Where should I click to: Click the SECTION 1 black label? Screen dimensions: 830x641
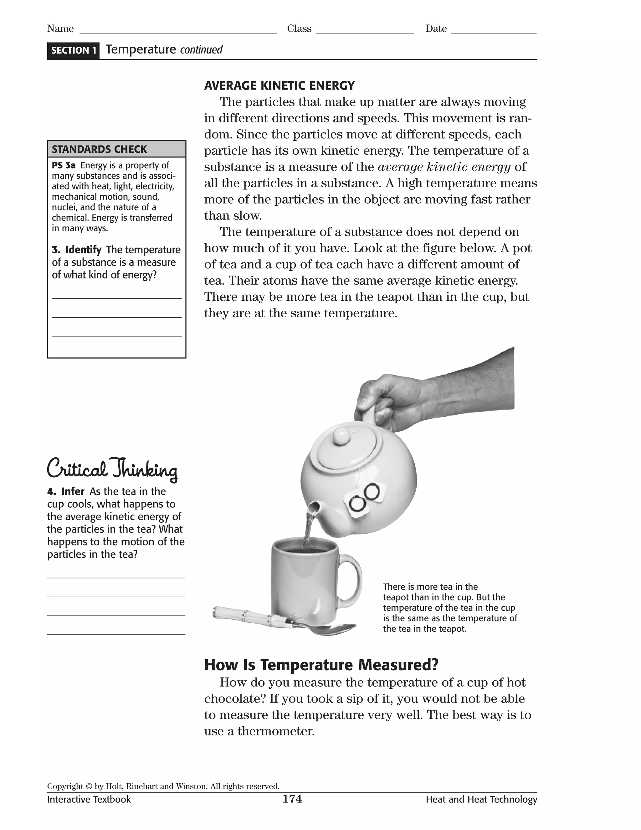coord(73,50)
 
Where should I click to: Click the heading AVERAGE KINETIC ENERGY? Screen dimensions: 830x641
coord(279,86)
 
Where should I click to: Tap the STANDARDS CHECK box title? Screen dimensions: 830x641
coord(99,149)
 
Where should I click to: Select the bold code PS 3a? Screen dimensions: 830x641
coord(64,165)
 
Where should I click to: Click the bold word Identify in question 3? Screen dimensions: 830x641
coord(83,250)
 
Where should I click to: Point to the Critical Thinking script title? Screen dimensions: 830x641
coord(112,469)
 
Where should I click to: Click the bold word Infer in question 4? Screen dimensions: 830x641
coord(73,491)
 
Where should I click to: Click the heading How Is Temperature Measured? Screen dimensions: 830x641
coord(321,665)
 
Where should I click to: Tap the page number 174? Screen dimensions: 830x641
coord(292,799)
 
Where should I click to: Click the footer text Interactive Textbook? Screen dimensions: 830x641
coord(89,800)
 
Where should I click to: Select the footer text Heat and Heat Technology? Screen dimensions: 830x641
coord(481,800)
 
